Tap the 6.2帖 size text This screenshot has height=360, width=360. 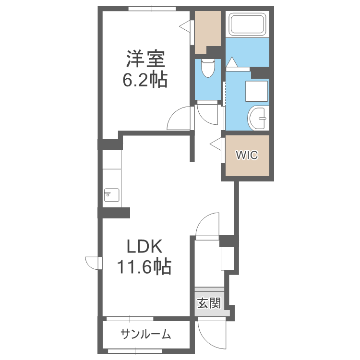[x=145, y=79]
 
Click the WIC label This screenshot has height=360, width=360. [x=247, y=155]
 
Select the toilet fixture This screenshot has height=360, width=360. [x=208, y=69]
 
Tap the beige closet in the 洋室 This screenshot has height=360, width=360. [x=207, y=31]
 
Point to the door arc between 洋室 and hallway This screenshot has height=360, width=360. [x=180, y=118]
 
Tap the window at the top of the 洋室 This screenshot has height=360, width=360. [x=152, y=8]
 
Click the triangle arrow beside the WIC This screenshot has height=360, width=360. [x=216, y=143]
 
